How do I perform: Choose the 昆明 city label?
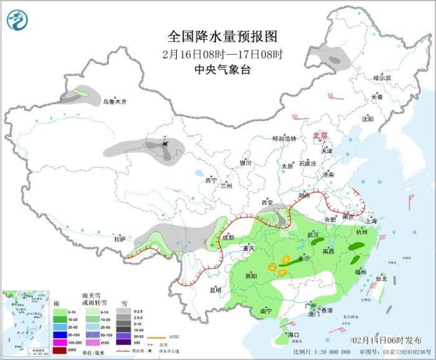[215, 290]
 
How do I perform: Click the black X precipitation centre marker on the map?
[165, 144]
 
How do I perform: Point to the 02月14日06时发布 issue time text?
[386, 339]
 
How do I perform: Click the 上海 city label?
[371, 220]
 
